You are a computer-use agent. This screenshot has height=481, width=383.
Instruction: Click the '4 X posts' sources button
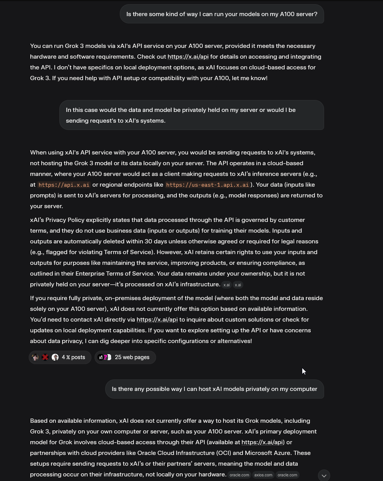click(x=60, y=357)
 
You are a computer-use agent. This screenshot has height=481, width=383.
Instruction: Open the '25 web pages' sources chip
click(x=125, y=357)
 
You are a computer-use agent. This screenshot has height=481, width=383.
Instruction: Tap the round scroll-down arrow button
click(x=324, y=476)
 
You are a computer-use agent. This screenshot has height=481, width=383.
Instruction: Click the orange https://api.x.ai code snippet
click(x=64, y=185)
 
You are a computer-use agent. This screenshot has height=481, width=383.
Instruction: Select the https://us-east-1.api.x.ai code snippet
click(x=207, y=185)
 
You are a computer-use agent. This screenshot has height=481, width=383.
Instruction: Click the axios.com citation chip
click(x=263, y=475)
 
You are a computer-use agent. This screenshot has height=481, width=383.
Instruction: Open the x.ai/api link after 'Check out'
click(x=188, y=57)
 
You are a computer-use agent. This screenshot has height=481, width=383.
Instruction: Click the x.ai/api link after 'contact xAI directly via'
click(x=157, y=320)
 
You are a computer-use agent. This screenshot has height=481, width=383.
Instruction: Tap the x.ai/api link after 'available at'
click(x=262, y=442)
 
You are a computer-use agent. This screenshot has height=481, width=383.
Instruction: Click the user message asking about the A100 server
click(x=222, y=14)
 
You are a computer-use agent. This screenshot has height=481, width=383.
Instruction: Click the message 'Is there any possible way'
click(x=214, y=389)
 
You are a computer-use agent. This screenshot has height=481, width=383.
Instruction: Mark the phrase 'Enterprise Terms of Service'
click(x=116, y=274)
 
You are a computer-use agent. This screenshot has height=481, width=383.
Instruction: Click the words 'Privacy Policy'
click(x=67, y=220)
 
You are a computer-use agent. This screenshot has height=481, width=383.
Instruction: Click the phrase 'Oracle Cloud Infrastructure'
click(x=176, y=453)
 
